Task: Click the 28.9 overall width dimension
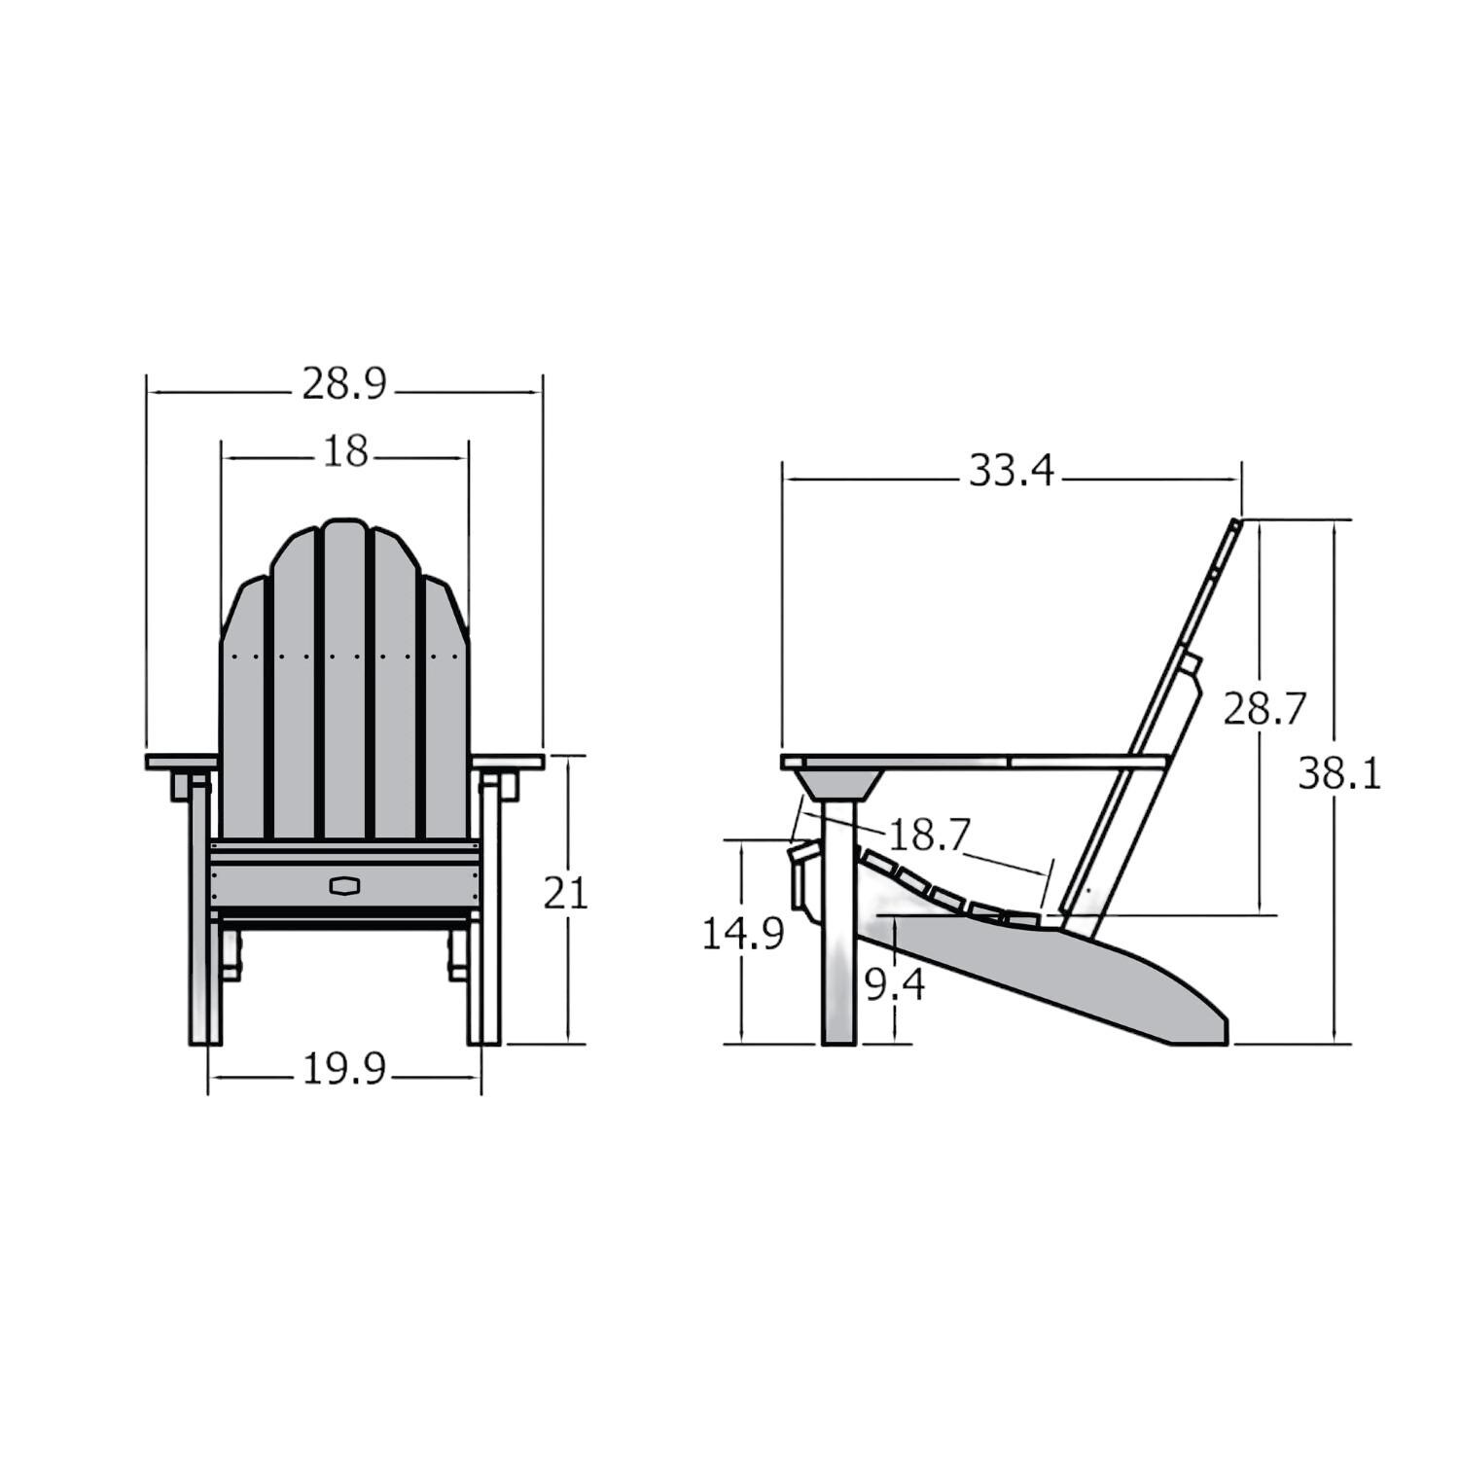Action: click(x=344, y=385)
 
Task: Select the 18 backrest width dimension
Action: click(x=344, y=451)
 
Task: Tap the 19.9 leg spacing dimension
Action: click(x=344, y=1070)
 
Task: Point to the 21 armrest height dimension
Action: click(x=565, y=893)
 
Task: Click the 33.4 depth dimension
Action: click(x=1011, y=472)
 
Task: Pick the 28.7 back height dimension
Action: click(x=1263, y=709)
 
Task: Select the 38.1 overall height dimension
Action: click(x=1338, y=774)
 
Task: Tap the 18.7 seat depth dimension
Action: click(x=929, y=835)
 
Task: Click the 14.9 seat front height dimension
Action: click(x=742, y=935)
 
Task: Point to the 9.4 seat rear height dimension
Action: click(x=895, y=986)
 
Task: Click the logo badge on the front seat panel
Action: click(x=344, y=885)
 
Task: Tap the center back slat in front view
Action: click(x=344, y=681)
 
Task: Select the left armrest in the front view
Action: click(x=181, y=761)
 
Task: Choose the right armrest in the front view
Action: click(x=507, y=761)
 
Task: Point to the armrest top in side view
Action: click(x=973, y=761)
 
